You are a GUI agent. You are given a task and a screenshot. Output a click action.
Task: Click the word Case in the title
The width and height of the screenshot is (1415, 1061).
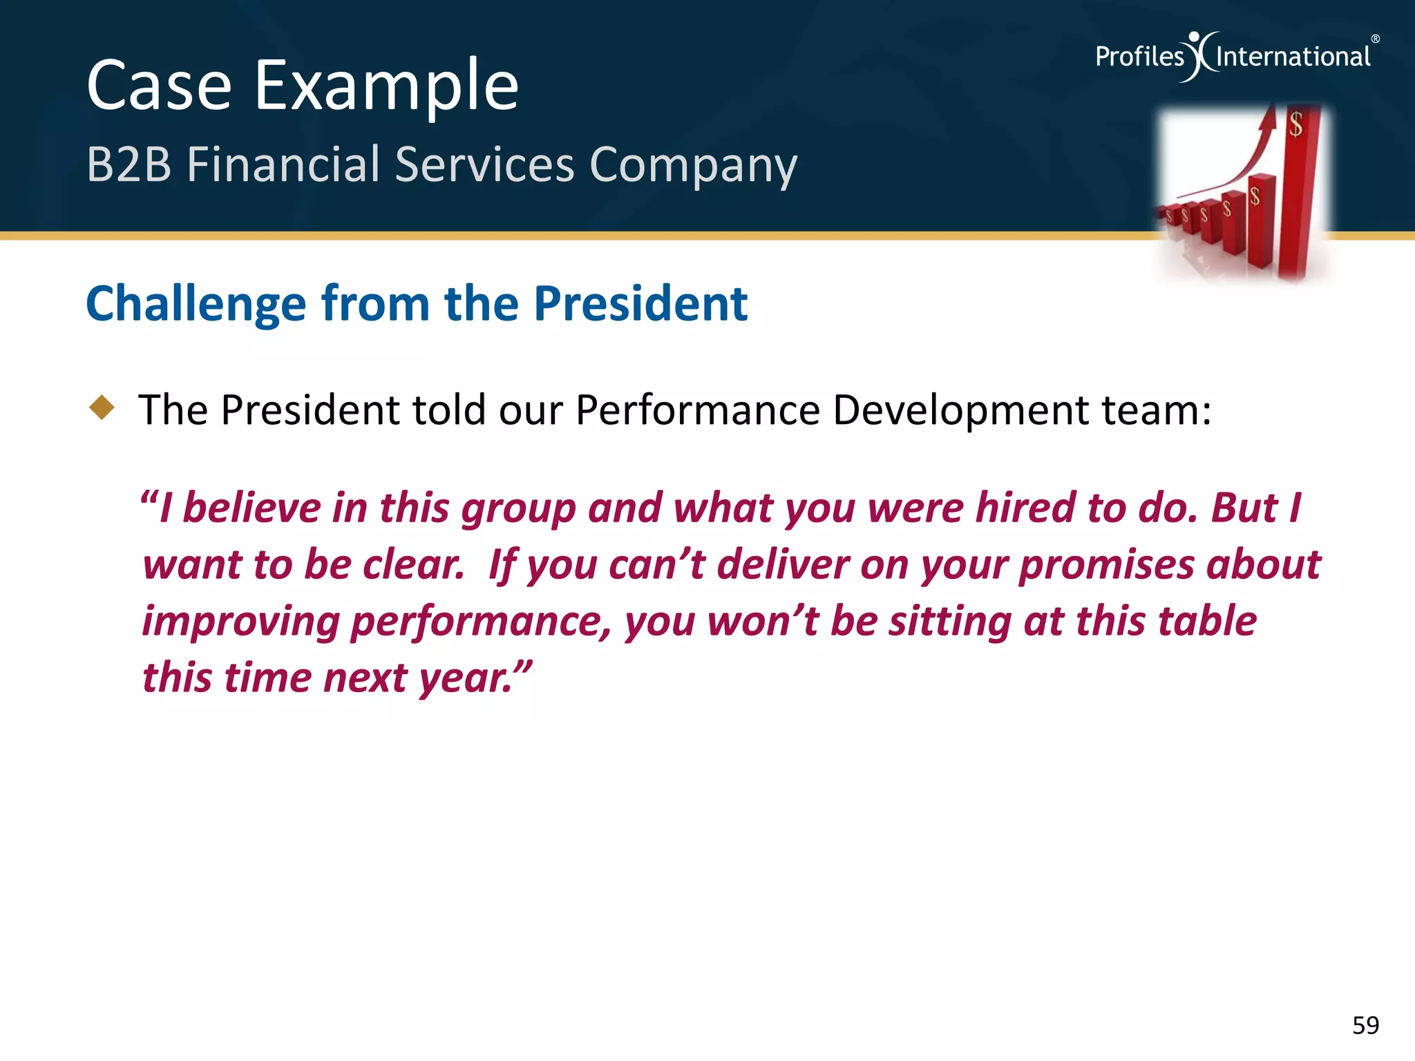160,86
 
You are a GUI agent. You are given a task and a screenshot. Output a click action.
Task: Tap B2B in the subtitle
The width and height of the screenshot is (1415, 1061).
129,165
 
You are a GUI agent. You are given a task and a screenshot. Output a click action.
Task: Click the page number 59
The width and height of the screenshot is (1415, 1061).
1365,1025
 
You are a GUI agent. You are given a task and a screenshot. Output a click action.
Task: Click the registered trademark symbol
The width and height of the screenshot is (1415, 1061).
1375,39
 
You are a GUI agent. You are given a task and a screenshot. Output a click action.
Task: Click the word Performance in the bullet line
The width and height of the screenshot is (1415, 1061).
698,410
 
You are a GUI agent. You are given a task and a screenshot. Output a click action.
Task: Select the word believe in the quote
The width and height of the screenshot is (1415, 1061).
252,508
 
